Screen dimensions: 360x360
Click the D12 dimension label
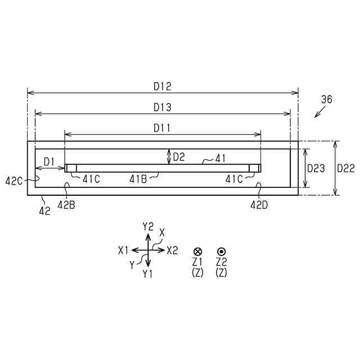click(x=163, y=87)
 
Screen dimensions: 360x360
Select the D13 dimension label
click(x=163, y=107)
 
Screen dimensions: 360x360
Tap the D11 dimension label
click(x=162, y=128)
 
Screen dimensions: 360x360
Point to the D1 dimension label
click(x=49, y=162)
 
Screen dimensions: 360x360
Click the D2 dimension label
click(x=179, y=157)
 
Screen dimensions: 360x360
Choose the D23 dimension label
click(x=316, y=169)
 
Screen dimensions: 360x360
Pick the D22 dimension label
click(x=346, y=169)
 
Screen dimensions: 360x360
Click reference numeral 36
click(x=326, y=100)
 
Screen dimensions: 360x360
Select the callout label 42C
click(x=13, y=181)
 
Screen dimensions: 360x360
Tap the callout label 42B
click(x=66, y=205)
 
